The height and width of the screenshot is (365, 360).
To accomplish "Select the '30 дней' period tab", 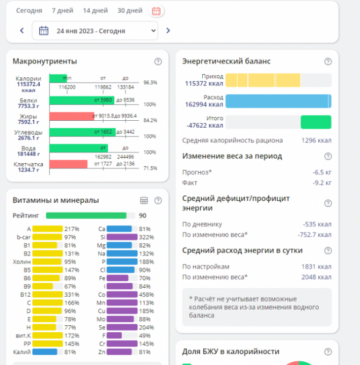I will [130, 11].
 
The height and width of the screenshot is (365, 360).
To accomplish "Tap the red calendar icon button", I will [156, 11].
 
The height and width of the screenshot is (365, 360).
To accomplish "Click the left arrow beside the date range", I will [22, 31].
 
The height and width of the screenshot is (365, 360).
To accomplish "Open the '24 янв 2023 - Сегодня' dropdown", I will [95, 31].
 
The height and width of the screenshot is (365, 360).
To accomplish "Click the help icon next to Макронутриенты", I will [158, 61].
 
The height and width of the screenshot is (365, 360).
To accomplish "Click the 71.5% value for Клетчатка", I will [150, 169].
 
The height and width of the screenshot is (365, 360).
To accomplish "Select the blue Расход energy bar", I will [278, 101].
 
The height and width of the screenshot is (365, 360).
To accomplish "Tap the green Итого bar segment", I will [315, 122].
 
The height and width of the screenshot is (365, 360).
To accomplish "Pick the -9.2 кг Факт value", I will [322, 182].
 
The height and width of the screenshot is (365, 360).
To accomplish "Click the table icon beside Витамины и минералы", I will [144, 200].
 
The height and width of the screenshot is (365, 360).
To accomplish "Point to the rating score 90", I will [143, 215].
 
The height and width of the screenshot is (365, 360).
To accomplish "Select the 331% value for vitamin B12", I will [71, 294].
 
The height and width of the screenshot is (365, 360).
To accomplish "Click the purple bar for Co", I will [122, 294].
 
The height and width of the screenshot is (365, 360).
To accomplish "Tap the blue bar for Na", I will [122, 253].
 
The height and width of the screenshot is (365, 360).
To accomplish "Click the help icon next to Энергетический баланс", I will [328, 61].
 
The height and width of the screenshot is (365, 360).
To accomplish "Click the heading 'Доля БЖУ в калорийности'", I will [231, 352].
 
